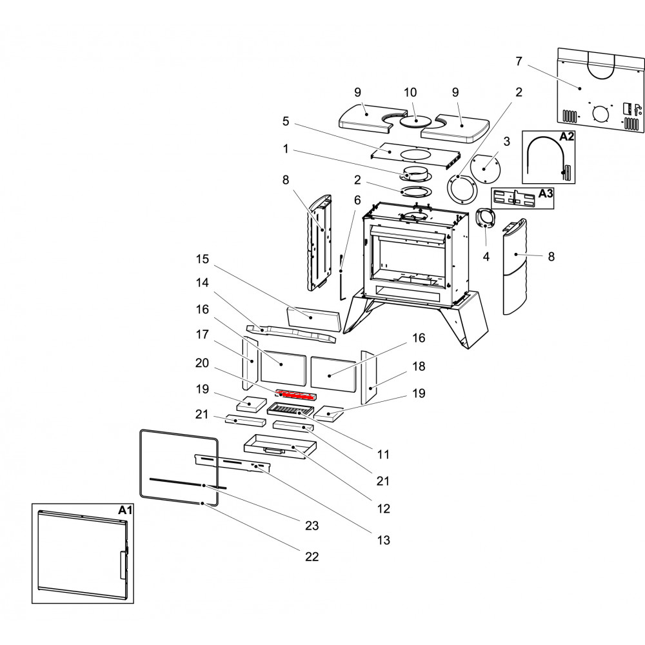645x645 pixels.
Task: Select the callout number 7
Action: pos(519,61)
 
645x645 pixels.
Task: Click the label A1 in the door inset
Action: pos(125,510)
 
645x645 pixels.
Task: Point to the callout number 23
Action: pos(312,526)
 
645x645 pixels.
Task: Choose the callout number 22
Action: pos(312,556)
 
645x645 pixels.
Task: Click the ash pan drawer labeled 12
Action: pos(277,446)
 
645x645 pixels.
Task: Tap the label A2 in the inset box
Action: pos(566,137)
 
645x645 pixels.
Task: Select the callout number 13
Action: pos(383,540)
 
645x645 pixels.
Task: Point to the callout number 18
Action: pos(419,366)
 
